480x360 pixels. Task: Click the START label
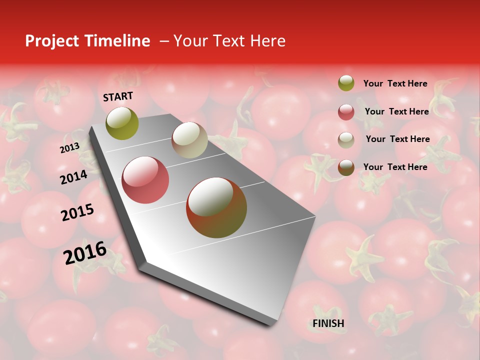tap(118, 96)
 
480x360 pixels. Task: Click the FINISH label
tap(328, 323)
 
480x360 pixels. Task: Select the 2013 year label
tap(69, 148)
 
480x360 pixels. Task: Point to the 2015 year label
tap(77, 212)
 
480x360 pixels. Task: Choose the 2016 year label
tap(85, 253)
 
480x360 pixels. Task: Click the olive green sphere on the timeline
tap(122, 123)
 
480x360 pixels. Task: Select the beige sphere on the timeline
tap(189, 140)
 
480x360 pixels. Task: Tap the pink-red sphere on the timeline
tap(145, 180)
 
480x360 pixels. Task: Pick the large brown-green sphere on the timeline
tap(216, 207)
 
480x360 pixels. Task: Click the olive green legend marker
tap(346, 83)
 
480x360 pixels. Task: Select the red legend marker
tap(346, 112)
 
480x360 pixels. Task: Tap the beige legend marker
tap(346, 140)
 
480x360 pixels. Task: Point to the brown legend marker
tap(346, 167)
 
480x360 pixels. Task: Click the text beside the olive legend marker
tap(395, 83)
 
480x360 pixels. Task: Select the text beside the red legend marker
tap(396, 111)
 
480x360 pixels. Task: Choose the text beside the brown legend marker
tap(395, 167)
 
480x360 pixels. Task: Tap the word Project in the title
tap(52, 41)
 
